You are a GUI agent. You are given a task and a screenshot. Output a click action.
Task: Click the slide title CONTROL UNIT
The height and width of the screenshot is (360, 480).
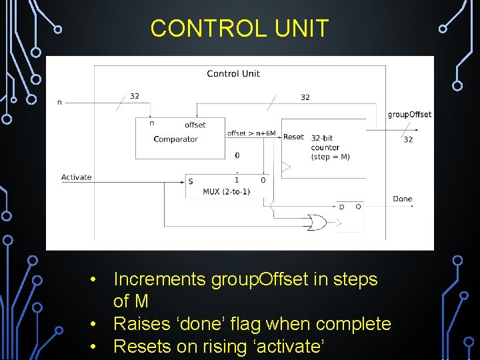click(239, 29)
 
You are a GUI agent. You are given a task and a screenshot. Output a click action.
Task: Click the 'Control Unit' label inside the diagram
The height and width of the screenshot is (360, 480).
click(233, 73)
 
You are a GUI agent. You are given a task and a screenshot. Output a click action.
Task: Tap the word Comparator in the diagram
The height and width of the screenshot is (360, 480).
click(175, 139)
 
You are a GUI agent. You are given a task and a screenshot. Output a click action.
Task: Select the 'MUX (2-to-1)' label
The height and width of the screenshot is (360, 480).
click(226, 192)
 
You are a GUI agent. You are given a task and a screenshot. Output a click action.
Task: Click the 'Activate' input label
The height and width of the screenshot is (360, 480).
click(77, 177)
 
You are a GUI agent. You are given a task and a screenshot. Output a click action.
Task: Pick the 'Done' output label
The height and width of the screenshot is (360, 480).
click(403, 199)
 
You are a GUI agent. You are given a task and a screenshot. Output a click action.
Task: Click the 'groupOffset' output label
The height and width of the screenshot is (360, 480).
click(409, 115)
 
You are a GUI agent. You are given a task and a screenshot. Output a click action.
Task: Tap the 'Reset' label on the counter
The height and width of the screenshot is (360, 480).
click(293, 137)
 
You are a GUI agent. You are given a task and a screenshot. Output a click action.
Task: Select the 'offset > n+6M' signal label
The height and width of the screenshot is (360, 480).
click(251, 133)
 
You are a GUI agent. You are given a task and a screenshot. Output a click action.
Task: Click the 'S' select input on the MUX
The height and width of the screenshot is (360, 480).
click(191, 181)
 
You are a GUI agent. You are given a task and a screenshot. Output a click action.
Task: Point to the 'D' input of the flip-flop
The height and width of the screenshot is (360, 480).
click(342, 207)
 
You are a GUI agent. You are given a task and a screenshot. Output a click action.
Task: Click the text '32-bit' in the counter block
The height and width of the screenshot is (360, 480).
click(322, 138)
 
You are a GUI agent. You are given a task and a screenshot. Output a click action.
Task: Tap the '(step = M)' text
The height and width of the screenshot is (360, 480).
click(330, 157)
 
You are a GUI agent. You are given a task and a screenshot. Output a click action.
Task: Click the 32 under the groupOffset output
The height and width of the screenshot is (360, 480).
click(408, 139)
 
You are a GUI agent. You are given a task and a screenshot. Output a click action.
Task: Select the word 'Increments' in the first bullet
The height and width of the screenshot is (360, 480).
click(159, 279)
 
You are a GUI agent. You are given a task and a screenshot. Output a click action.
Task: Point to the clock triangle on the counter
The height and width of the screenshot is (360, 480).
click(285, 167)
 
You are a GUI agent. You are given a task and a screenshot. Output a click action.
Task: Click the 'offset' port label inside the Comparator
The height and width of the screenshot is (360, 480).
click(195, 125)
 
